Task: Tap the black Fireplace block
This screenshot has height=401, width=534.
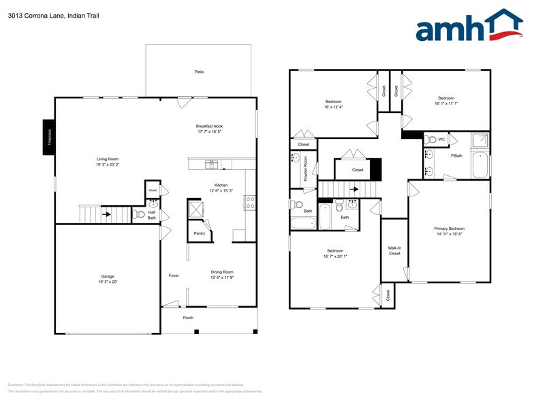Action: tap(49, 137)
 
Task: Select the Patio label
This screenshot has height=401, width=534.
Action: tap(199, 71)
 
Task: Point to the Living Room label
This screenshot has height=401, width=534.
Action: tap(108, 160)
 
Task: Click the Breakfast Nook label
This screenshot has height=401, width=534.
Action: tap(209, 126)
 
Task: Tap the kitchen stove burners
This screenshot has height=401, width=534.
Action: tap(250, 202)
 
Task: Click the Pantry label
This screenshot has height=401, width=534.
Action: tap(199, 233)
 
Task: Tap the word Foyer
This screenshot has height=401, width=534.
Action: tap(174, 276)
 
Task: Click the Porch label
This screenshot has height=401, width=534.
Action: tap(188, 318)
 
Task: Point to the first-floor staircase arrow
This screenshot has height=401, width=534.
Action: tap(106, 214)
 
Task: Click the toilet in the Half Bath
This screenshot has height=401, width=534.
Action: tap(140, 214)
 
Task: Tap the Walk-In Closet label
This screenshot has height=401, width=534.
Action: tap(394, 250)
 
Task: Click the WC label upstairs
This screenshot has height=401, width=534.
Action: tap(441, 139)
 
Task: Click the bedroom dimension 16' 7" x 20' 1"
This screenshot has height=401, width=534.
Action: tap(334, 256)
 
